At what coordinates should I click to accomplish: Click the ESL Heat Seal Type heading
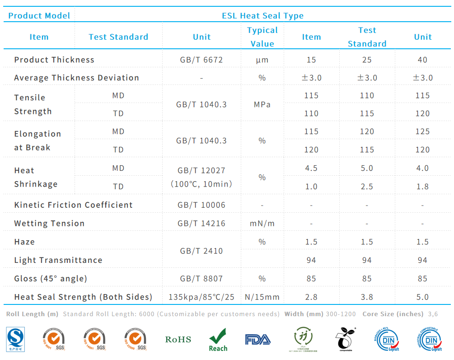click(x=262, y=16)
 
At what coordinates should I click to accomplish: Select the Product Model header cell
click(x=39, y=16)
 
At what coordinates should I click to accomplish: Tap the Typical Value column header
click(x=262, y=37)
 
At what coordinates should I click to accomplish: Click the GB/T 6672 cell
click(x=201, y=60)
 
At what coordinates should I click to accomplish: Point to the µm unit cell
click(x=262, y=60)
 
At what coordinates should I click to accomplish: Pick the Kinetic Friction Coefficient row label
click(x=73, y=205)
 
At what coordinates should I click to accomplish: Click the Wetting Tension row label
click(x=49, y=224)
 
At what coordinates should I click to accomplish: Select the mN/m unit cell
click(x=262, y=224)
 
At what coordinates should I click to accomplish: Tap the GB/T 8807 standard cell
click(x=201, y=279)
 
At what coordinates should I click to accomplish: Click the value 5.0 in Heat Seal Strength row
click(x=422, y=297)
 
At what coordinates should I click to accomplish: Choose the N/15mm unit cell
click(x=262, y=297)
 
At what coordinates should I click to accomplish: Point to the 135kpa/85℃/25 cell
click(x=201, y=297)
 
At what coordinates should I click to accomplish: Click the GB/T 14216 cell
click(x=201, y=224)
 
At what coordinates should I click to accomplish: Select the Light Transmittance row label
click(x=58, y=260)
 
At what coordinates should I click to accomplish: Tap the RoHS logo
click(x=178, y=340)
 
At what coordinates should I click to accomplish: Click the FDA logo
click(x=257, y=340)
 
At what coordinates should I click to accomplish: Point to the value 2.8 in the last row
click(x=311, y=297)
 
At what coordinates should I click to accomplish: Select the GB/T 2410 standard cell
click(x=201, y=251)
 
